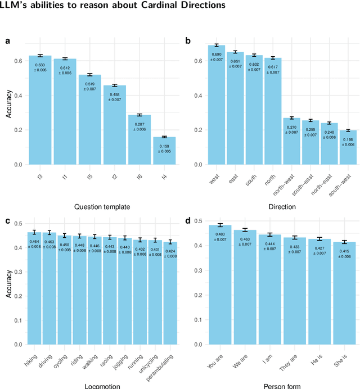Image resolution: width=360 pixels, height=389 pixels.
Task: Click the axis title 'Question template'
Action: click(102, 207)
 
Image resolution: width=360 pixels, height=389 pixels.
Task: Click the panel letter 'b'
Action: click(187, 40)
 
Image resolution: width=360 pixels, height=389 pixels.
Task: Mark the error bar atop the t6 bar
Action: click(139, 115)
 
